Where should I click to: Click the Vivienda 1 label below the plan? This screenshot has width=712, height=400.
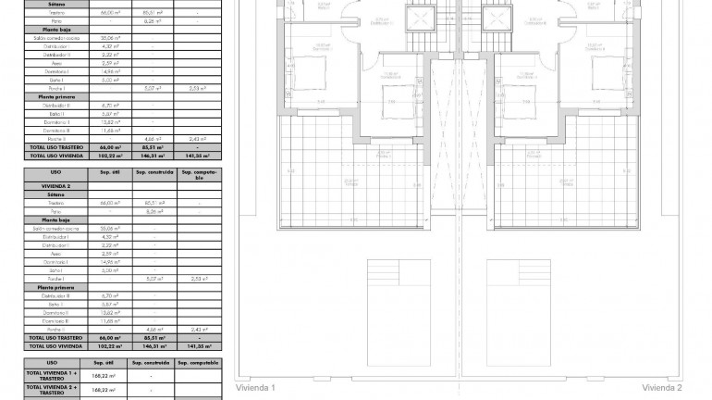[256, 388]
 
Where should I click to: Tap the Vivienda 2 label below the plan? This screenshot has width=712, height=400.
[662, 388]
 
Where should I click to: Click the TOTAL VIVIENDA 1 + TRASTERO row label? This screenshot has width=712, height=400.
[52, 376]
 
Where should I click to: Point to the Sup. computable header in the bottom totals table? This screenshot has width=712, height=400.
[199, 363]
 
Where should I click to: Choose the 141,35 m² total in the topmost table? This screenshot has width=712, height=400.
[199, 156]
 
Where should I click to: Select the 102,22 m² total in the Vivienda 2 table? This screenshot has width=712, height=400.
[104, 347]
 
